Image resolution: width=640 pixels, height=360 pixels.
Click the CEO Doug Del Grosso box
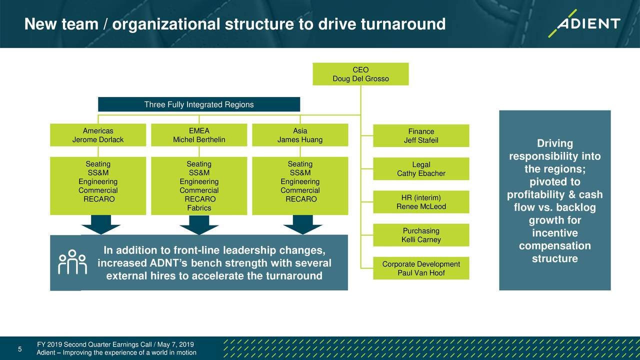pos(360,74)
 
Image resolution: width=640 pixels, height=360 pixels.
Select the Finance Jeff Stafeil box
pos(421,135)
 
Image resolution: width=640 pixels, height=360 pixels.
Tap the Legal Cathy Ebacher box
pos(421,169)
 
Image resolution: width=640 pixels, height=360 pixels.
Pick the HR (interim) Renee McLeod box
pos(421,202)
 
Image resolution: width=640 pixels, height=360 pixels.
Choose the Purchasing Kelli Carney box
pos(421,235)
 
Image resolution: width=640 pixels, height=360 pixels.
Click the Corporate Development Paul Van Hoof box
pos(421,268)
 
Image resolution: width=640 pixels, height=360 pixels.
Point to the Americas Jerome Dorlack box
pos(98,135)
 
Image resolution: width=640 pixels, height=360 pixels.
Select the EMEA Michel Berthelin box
pos(199,135)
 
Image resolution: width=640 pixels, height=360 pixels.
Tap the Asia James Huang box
pos(300,135)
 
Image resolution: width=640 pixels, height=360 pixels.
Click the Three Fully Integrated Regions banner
pos(199,104)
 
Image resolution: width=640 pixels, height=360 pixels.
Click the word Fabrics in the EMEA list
pos(199,208)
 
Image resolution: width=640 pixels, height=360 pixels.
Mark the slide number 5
pos(19,349)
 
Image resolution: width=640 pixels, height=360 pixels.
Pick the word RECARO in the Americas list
pos(98,199)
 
